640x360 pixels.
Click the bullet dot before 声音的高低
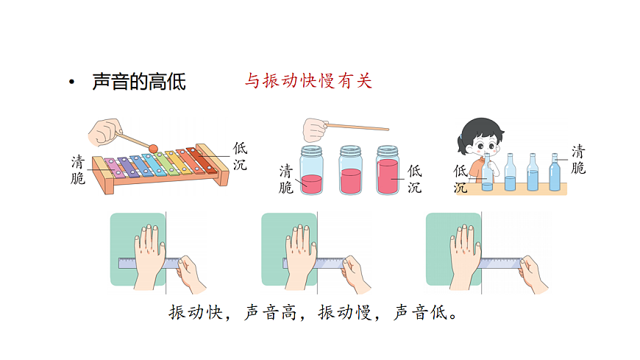click(71, 82)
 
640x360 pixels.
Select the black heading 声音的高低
click(138, 82)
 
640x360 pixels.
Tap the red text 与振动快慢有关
click(308, 81)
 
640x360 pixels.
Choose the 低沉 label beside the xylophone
click(240, 156)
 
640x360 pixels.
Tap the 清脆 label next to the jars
click(286, 179)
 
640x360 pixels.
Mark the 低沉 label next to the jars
click(414, 179)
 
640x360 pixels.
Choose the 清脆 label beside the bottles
click(578, 160)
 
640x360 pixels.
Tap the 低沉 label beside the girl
click(461, 178)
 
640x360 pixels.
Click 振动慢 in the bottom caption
click(344, 314)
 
